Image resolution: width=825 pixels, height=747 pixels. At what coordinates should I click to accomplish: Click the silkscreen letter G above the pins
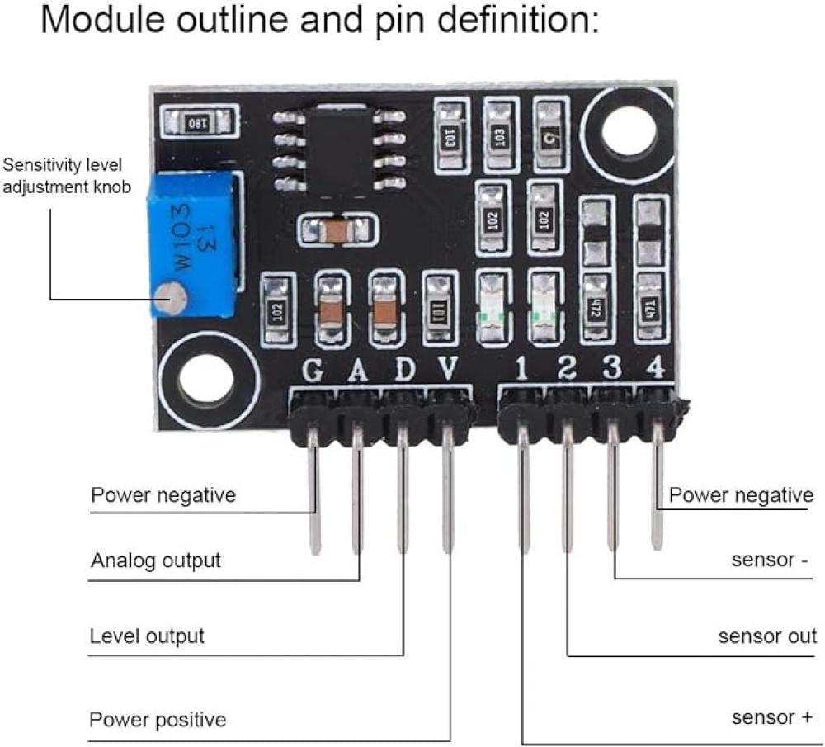point(312,371)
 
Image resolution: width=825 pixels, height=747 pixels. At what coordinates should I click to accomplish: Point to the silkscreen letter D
point(404,370)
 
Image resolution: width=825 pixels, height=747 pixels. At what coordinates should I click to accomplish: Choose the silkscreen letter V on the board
point(447,369)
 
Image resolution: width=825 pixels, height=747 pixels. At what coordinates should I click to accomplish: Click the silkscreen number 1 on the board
point(521,369)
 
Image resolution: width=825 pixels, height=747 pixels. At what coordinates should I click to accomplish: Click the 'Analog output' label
point(156,560)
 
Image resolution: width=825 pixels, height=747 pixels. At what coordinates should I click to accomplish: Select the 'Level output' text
point(147,636)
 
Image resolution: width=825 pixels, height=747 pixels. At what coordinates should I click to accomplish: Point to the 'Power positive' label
point(158,719)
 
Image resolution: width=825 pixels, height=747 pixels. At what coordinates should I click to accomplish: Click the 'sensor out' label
point(767,636)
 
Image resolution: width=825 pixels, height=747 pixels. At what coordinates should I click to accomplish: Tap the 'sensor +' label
point(772,717)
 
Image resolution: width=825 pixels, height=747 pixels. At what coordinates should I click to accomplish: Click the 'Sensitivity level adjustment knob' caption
point(67,176)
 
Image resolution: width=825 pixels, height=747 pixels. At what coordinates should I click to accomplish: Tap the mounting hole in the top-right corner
point(625,132)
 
